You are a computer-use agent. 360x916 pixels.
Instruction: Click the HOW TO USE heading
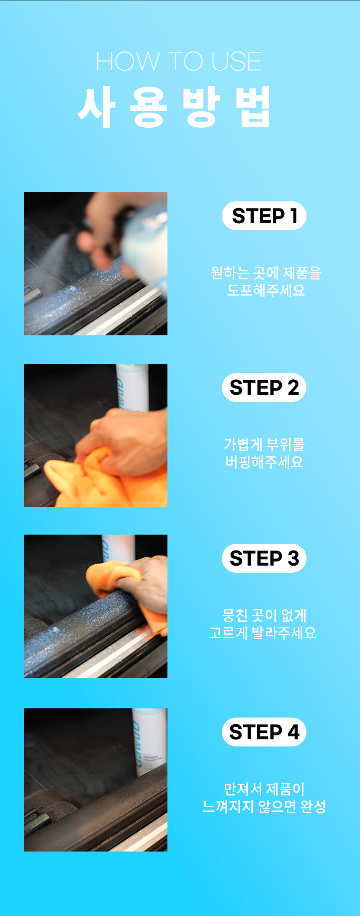[179, 62]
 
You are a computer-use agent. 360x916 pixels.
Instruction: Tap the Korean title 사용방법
[175, 107]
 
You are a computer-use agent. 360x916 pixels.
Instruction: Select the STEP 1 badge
[264, 216]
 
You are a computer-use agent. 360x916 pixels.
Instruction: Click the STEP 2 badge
[264, 388]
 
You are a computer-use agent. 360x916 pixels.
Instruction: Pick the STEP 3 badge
[264, 558]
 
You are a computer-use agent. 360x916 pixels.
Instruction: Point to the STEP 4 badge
[264, 732]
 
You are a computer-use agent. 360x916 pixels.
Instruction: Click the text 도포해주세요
[266, 290]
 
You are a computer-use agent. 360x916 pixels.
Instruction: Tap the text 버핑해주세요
[264, 462]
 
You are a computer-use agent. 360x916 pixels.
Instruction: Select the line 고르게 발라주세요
[262, 633]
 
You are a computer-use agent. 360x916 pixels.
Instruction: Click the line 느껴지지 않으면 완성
[264, 806]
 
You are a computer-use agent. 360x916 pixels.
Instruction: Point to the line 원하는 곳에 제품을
[266, 273]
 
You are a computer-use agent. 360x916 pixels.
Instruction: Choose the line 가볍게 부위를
[264, 444]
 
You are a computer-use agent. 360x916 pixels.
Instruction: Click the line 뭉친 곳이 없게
[264, 615]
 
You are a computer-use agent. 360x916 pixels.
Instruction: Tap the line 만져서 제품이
[264, 789]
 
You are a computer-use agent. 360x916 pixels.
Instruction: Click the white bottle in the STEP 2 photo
[132, 387]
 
